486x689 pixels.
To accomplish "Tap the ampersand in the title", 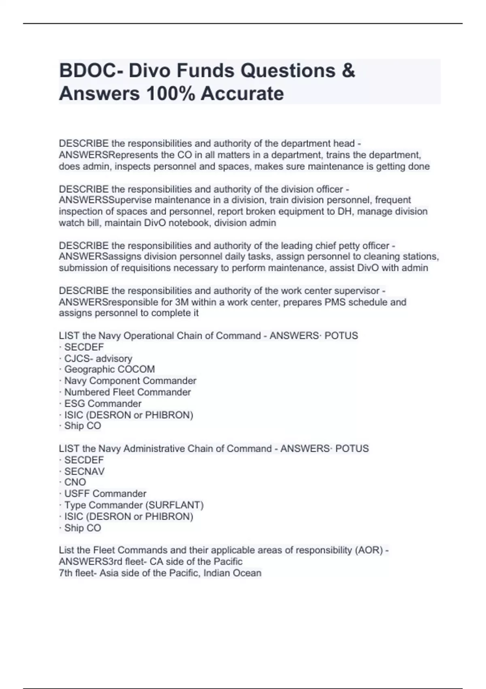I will [348, 71].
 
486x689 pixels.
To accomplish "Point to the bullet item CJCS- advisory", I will [98, 358].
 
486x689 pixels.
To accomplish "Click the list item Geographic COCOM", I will [109, 369].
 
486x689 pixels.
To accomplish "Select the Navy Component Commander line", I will [130, 381].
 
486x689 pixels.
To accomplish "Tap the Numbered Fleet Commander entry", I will [127, 392].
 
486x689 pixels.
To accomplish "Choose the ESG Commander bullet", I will [102, 403].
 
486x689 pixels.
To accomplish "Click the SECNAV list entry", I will [84, 471].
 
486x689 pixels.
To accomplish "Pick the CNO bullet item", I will [75, 482].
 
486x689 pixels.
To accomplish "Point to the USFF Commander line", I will [105, 494].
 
